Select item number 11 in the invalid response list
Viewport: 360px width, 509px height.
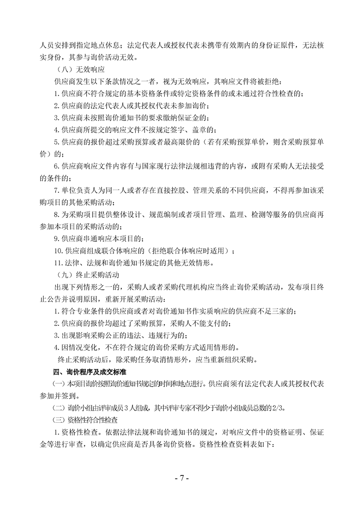click(x=58, y=263)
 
